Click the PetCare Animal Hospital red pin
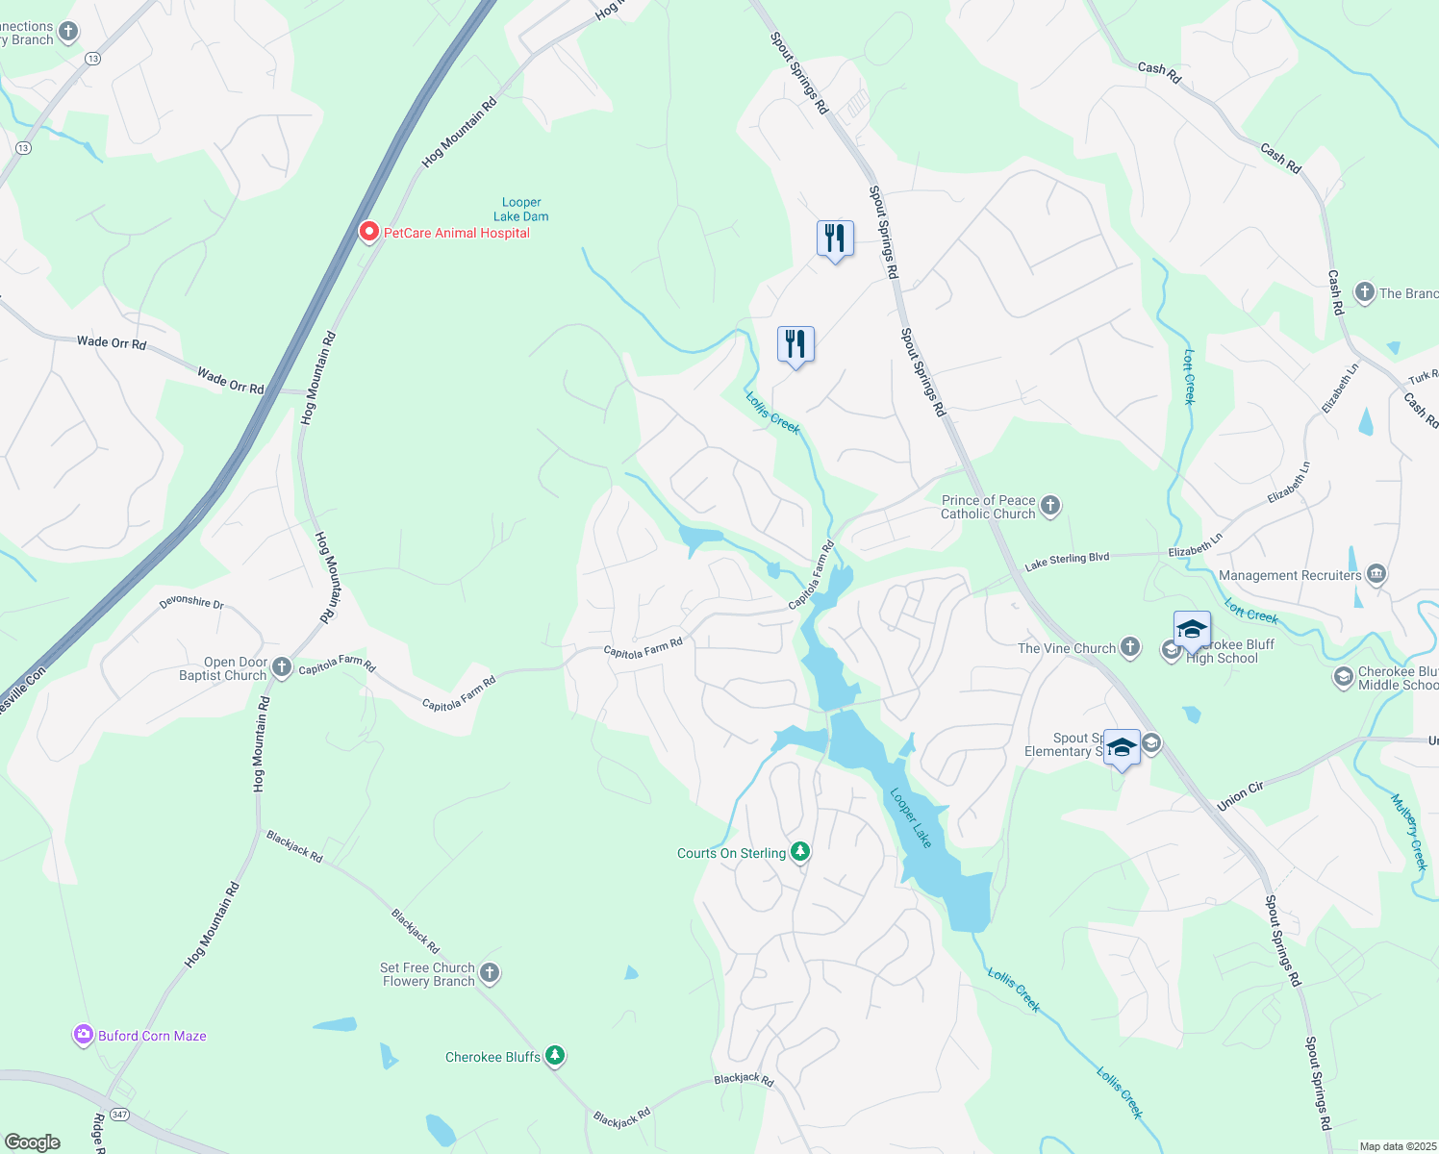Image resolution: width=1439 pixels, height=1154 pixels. [x=368, y=232]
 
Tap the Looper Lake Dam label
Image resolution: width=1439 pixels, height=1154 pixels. [x=521, y=210]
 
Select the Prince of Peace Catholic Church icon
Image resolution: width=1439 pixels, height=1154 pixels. [x=1050, y=505]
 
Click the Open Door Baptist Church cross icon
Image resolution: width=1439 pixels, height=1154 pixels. [x=282, y=666]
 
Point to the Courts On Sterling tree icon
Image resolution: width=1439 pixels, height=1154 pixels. [x=800, y=852]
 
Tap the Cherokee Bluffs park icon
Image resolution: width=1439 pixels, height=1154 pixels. [x=555, y=1056]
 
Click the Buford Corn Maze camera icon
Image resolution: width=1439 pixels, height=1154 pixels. [x=84, y=1035]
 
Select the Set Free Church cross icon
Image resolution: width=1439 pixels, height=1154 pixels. [x=490, y=973]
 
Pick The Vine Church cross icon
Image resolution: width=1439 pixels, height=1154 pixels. [x=1130, y=647]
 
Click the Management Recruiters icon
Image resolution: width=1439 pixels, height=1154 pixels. [x=1376, y=574]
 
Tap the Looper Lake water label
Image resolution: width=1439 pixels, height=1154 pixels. [x=910, y=818]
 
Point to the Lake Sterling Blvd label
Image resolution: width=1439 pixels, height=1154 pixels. [x=1067, y=561]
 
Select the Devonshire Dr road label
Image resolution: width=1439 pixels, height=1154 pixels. [x=191, y=603]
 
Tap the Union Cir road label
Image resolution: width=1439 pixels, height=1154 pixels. [x=1240, y=796]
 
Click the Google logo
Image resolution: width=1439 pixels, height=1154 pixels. [x=33, y=1141]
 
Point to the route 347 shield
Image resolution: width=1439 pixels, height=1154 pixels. [x=119, y=1114]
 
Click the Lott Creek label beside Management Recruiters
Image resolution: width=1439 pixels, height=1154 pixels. [x=1251, y=611]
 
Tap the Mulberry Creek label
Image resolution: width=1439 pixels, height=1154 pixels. [x=1409, y=832]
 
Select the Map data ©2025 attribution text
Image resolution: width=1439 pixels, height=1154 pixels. [x=1398, y=1146]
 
